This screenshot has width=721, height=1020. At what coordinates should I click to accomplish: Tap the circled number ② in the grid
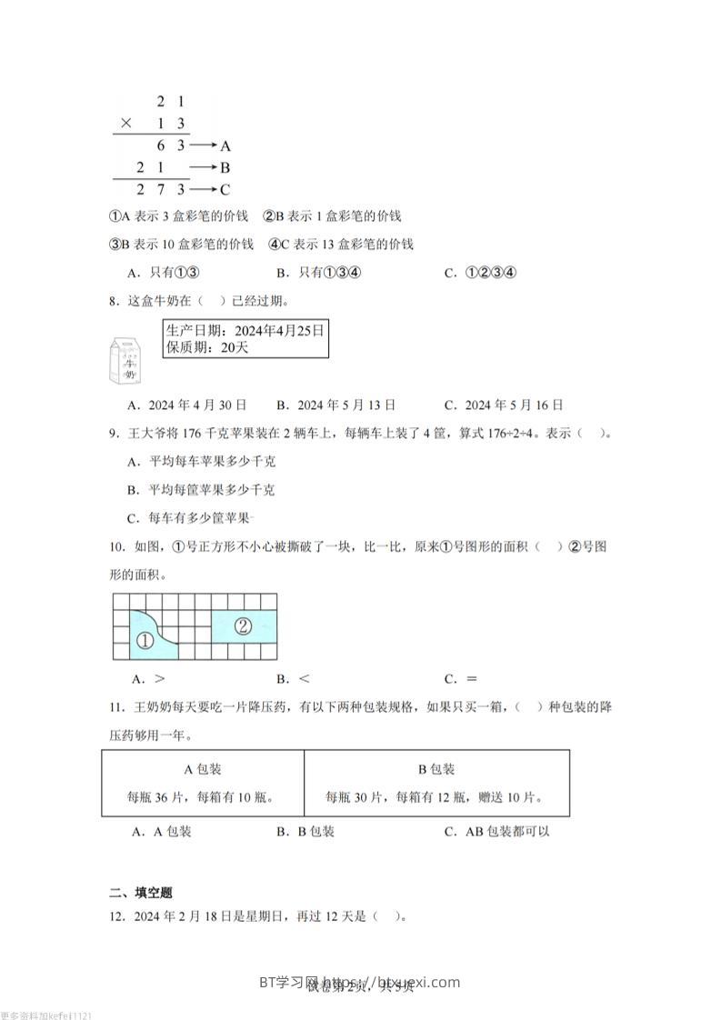(242, 625)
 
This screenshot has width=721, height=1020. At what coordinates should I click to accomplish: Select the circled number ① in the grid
(144, 641)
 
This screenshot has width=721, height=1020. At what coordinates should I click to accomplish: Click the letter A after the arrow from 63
(225, 145)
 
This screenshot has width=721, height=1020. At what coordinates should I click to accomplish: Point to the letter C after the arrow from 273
(225, 189)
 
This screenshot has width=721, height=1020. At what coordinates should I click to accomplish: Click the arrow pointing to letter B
(202, 167)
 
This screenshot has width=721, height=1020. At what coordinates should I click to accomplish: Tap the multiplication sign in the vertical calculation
(127, 124)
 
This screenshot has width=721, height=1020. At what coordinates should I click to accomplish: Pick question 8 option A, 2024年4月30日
(189, 405)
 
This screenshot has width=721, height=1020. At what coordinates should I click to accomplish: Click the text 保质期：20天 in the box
(207, 347)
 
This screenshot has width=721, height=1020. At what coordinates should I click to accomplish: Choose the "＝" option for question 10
(472, 678)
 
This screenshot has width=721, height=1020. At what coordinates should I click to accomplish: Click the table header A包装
(203, 769)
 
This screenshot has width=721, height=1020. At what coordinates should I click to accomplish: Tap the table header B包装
(436, 769)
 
